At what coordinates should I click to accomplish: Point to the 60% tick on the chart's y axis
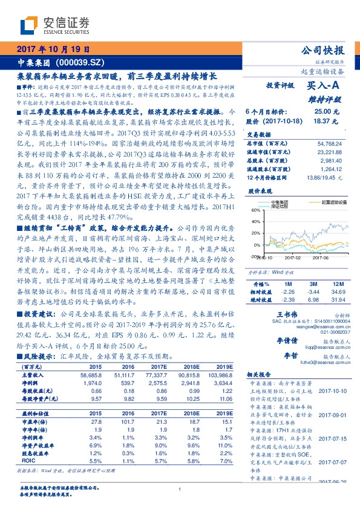coord(254,210)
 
